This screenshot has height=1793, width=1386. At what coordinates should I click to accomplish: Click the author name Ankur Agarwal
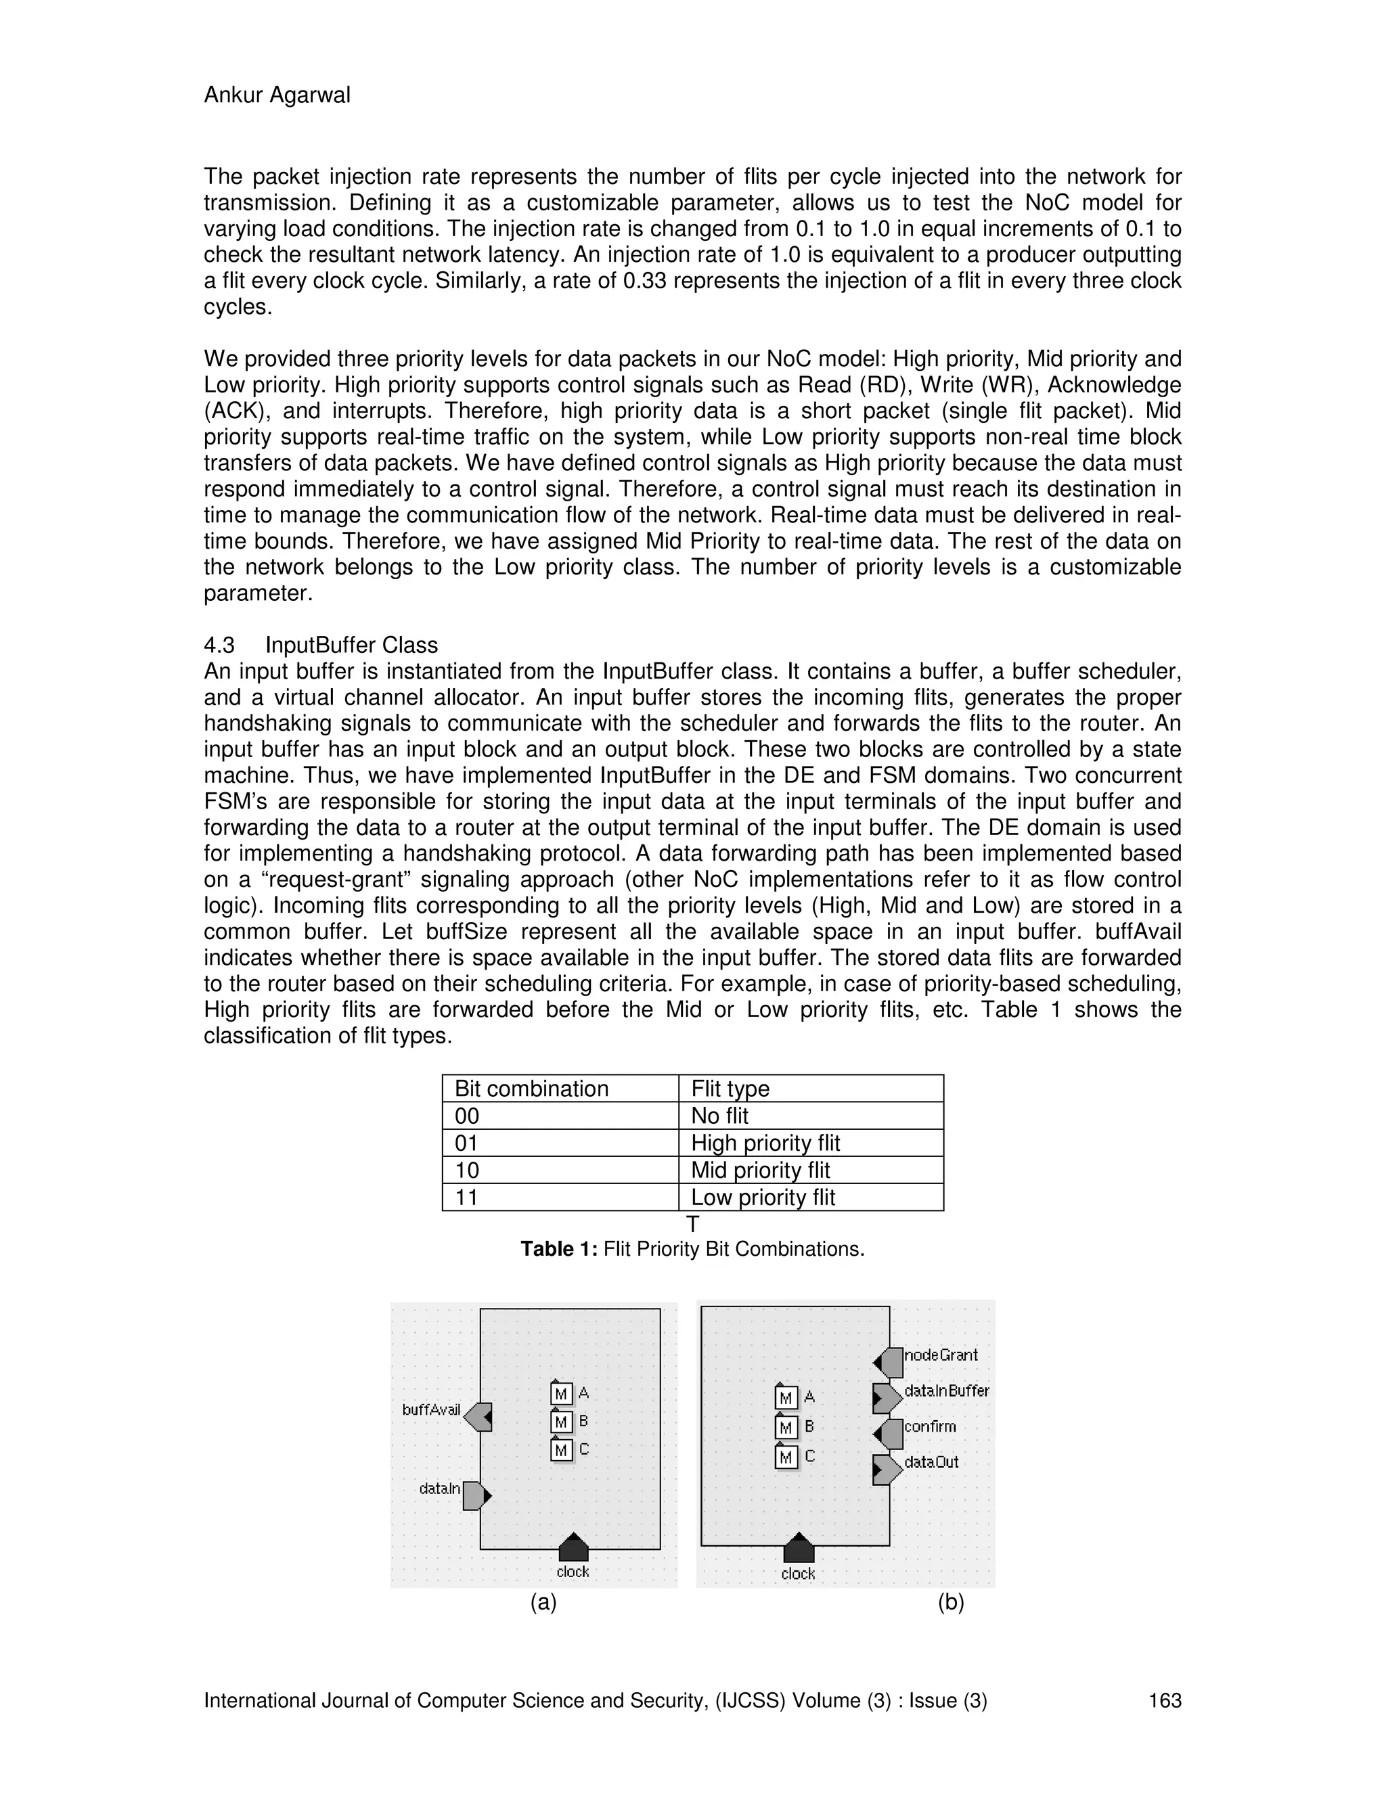coord(277,95)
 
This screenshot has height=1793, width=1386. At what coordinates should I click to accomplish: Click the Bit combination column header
coord(531,1089)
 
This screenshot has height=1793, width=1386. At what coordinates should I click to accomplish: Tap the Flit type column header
coord(730,1089)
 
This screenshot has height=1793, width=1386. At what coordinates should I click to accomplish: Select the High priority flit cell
coord(765,1143)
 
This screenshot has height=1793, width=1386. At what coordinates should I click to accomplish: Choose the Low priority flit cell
coord(763,1197)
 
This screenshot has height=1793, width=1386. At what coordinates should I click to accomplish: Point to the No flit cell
coord(719,1116)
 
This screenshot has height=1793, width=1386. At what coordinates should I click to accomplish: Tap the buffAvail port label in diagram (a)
coord(431,1409)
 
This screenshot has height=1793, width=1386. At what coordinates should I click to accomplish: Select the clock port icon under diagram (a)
coord(573,1547)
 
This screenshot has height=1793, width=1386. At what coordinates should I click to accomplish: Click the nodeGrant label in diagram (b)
coord(941,1355)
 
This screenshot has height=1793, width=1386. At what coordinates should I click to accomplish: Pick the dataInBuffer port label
coord(946,1390)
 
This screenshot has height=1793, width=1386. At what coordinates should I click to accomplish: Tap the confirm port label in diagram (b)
coord(931,1426)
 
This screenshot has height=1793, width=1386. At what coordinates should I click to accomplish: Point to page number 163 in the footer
coord(1164,1700)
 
